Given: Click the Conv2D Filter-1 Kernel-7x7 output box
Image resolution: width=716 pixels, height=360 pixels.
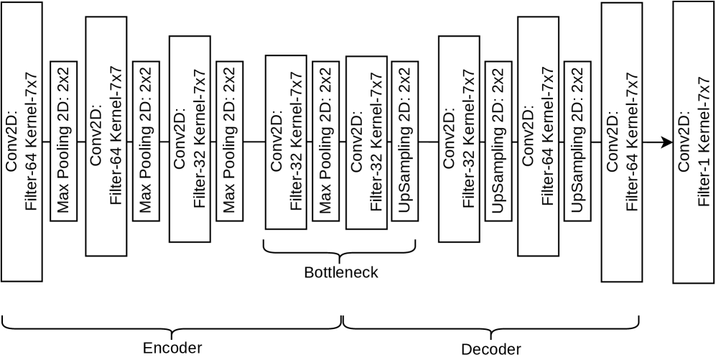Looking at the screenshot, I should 693,142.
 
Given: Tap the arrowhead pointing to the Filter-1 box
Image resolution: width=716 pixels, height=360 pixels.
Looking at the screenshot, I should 666,142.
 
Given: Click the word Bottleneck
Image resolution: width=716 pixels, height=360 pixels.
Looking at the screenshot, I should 340,273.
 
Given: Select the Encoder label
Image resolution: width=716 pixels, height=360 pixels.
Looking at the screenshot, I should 172,349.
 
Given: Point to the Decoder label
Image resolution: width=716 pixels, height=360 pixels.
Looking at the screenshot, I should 490,349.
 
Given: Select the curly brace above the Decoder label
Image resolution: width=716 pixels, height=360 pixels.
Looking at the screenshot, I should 490,324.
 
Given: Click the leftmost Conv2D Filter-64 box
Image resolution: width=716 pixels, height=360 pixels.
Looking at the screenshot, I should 22,142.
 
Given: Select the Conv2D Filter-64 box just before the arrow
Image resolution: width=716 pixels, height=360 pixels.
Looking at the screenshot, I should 621,142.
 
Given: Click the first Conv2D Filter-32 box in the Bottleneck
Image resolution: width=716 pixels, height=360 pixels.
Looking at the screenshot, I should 286,142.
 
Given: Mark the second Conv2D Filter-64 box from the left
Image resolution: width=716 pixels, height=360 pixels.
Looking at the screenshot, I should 106,137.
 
